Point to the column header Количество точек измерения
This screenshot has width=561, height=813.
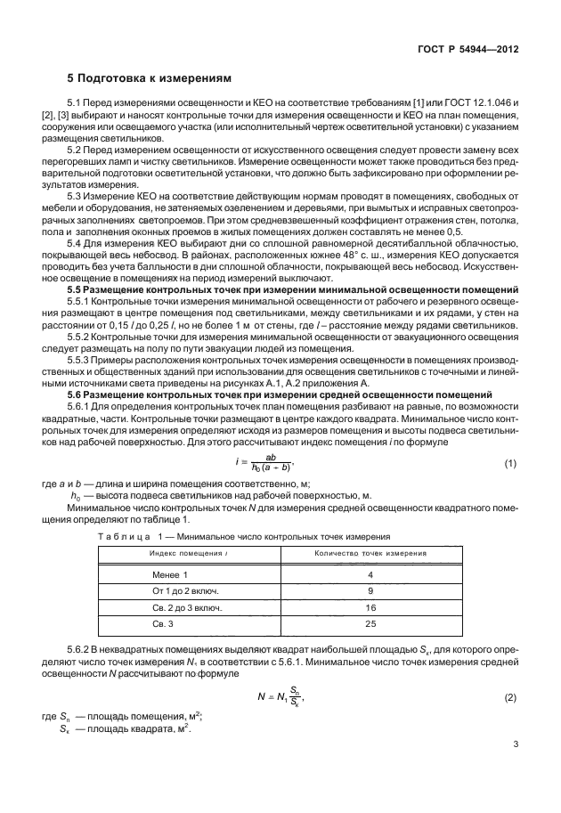point(370,553)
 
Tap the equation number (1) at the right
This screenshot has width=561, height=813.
point(510,464)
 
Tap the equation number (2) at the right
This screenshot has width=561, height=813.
point(510,697)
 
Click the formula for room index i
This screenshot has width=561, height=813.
point(272,464)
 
